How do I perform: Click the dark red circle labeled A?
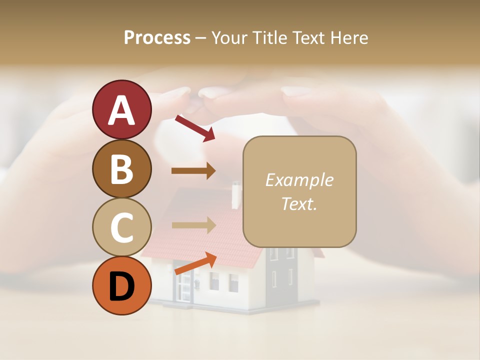point(121,109)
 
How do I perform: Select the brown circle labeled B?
point(121,168)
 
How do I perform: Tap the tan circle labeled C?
point(121,227)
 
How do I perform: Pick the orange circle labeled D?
point(121,286)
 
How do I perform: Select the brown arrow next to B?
point(193,171)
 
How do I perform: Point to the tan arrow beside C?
point(193,225)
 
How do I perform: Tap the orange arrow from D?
point(195,263)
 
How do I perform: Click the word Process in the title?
point(157,37)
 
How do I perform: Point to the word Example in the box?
point(299,180)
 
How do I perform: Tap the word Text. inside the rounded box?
point(299,203)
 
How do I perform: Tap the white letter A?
point(121,110)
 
